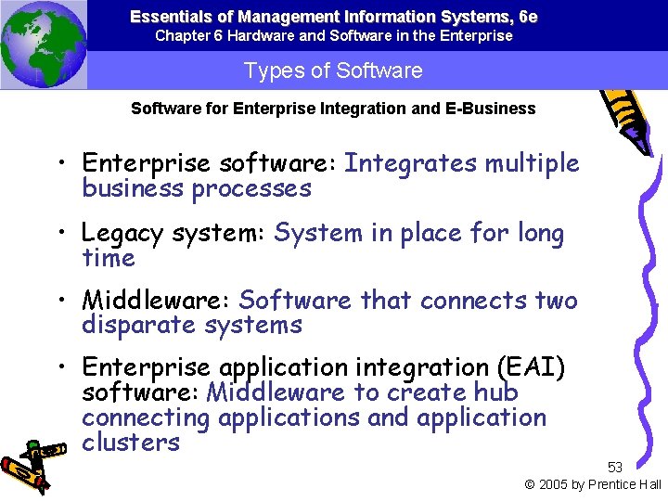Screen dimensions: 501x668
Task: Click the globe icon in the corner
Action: tap(44, 44)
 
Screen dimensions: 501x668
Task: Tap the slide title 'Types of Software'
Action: tap(333, 71)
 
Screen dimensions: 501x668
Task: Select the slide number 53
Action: tap(615, 467)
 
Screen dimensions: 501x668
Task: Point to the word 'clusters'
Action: tap(131, 442)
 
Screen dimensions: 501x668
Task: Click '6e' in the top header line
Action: tap(527, 17)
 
